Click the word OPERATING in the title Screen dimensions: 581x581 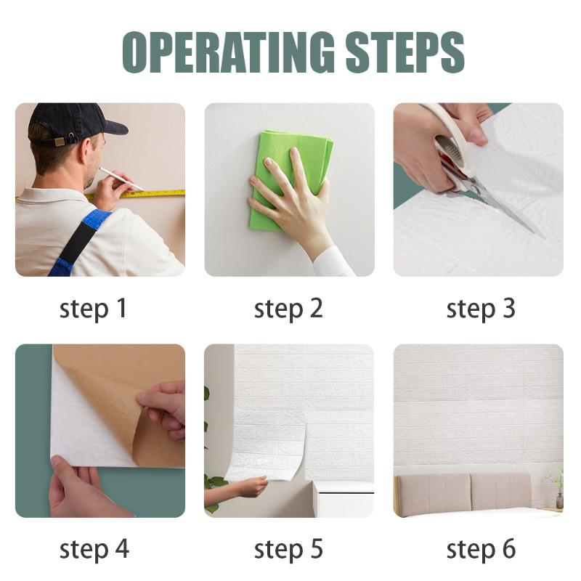click(229, 52)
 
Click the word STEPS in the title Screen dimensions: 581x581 click(405, 52)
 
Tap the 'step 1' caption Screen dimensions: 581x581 click(93, 309)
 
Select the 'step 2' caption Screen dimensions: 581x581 click(288, 309)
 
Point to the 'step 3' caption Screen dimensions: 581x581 click(481, 309)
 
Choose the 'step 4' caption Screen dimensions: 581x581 click(94, 550)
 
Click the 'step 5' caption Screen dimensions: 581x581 click(288, 550)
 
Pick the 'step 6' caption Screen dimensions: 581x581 click(481, 550)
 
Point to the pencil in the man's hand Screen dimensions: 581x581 click(121, 179)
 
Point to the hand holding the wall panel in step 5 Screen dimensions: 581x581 click(252, 486)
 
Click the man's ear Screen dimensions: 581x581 click(86, 151)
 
